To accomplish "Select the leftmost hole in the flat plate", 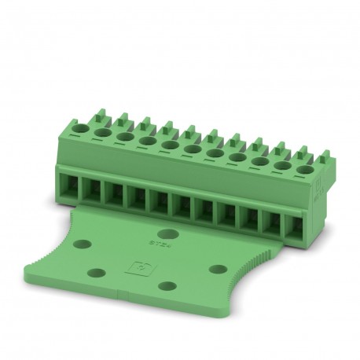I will (97, 273).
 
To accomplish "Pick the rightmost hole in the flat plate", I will (219, 269).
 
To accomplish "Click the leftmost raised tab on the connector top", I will (81, 117).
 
